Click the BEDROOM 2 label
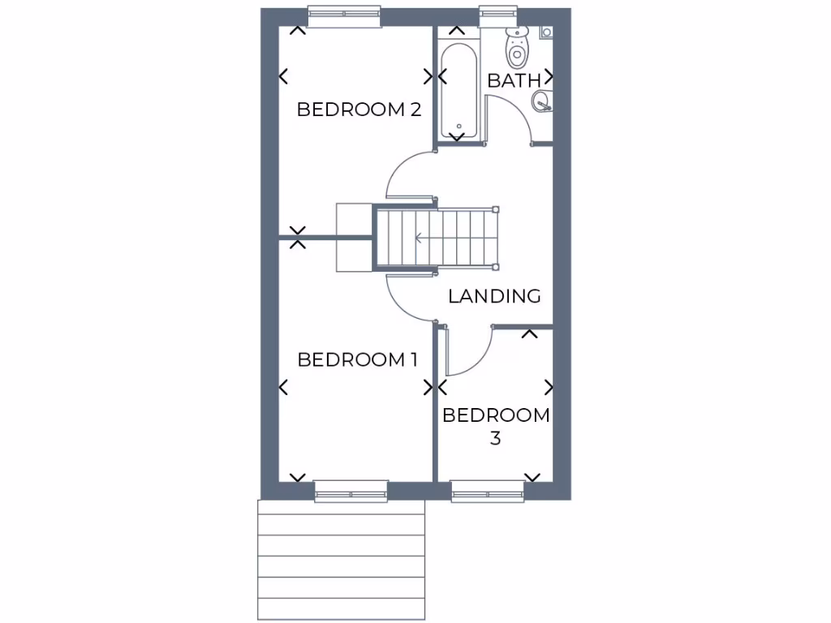pos(359,110)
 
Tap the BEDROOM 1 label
pos(357,359)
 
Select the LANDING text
pos(494,296)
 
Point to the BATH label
pos(513,80)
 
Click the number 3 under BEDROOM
pos(495,439)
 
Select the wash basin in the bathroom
pos(542,101)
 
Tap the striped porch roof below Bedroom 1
pos(341,560)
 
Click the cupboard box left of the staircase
pos(354,237)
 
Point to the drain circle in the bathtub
pos(459,126)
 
